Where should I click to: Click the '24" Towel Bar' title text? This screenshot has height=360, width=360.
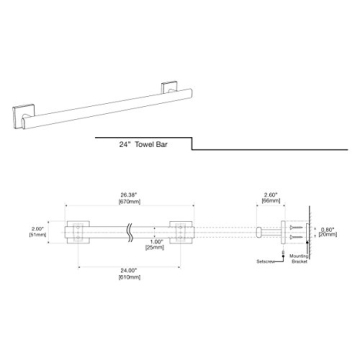pyautogui.click(x=144, y=144)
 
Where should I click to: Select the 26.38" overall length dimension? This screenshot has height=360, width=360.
pyautogui.click(x=127, y=195)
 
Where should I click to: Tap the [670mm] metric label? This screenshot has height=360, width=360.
pyautogui.click(x=127, y=200)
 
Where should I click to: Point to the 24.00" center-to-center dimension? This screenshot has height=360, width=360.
pyautogui.click(x=127, y=269)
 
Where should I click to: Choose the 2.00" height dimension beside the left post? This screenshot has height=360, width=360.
pyautogui.click(x=38, y=227)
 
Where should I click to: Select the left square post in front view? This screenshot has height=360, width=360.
pyautogui.click(x=77, y=232)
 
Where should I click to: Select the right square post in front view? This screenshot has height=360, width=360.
pyautogui.click(x=181, y=232)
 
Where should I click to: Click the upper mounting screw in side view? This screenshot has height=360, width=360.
pyautogui.click(x=297, y=227)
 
